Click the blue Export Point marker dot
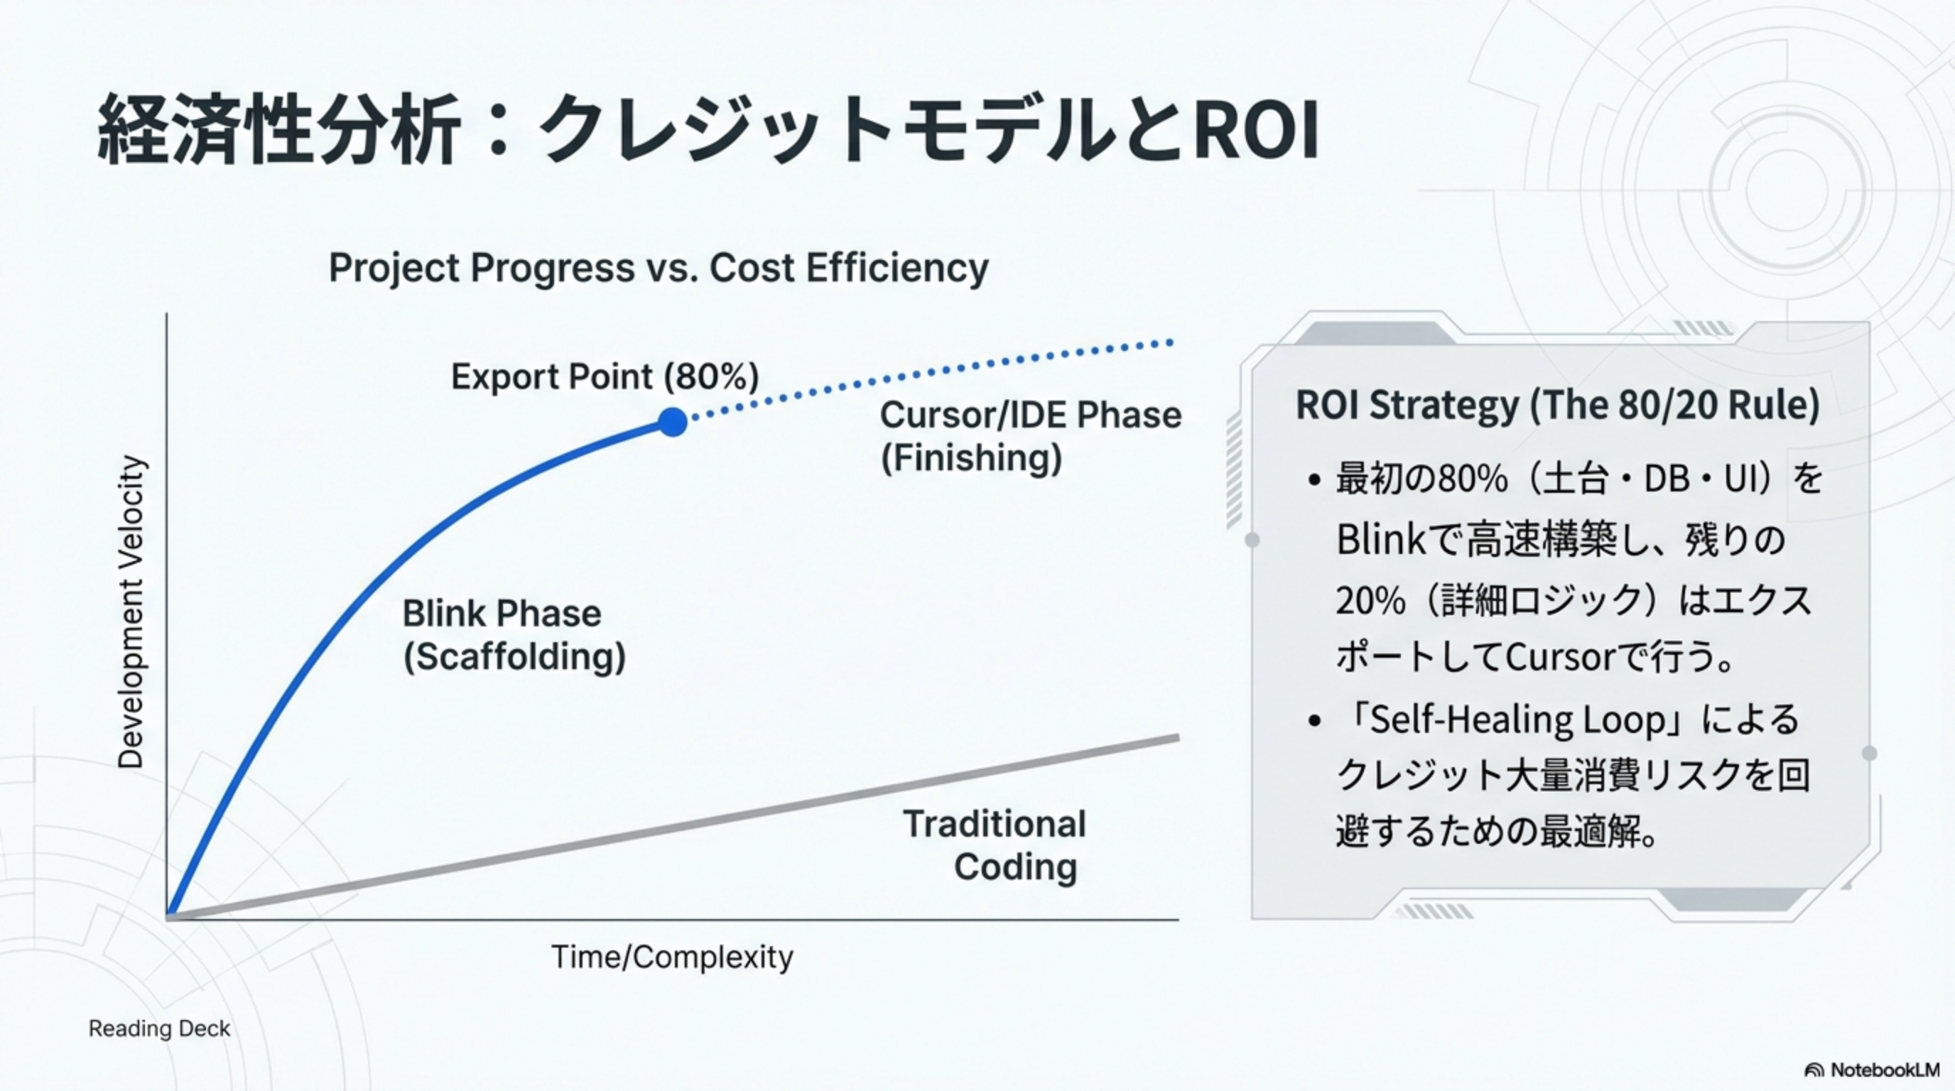[673, 423]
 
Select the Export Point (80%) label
[605, 376]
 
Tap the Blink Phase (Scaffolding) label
[514, 635]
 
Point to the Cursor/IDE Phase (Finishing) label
[1031, 436]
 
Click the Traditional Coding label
[995, 845]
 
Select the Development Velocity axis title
[131, 612]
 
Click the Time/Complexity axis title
[671, 957]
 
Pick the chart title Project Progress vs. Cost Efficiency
[658, 268]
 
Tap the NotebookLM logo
[1871, 1070]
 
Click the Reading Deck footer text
[159, 1028]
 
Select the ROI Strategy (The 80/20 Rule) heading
[1557, 405]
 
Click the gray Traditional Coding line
[673, 827]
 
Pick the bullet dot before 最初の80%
[1315, 480]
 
